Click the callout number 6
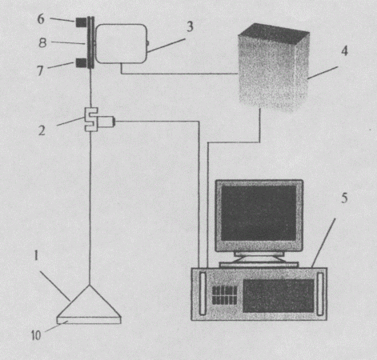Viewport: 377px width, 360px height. tap(41, 19)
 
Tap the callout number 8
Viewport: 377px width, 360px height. tap(42, 42)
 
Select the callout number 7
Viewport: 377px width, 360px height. tap(40, 70)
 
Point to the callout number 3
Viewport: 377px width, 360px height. tap(190, 27)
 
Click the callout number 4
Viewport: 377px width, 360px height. tap(345, 50)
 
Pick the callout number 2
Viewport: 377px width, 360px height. tap(42, 130)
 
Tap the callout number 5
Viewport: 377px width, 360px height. tap(344, 198)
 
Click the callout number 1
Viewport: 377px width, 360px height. tap(36, 255)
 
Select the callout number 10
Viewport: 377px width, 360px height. tap(36, 335)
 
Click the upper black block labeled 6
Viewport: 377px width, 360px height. tap(81, 22)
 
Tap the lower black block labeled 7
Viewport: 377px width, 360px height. tap(81, 62)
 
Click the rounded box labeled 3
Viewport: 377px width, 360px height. tap(121, 44)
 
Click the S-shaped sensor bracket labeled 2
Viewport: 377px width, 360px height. tap(91, 119)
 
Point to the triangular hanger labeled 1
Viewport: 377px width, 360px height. tap(90, 302)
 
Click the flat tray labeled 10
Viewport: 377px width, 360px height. tap(89, 320)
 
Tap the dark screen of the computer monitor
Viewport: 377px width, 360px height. tap(259, 213)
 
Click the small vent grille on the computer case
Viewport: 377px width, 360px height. tap(224, 295)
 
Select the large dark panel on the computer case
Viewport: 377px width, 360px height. tap(279, 296)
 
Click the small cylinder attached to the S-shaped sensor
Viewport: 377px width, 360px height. tap(106, 122)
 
